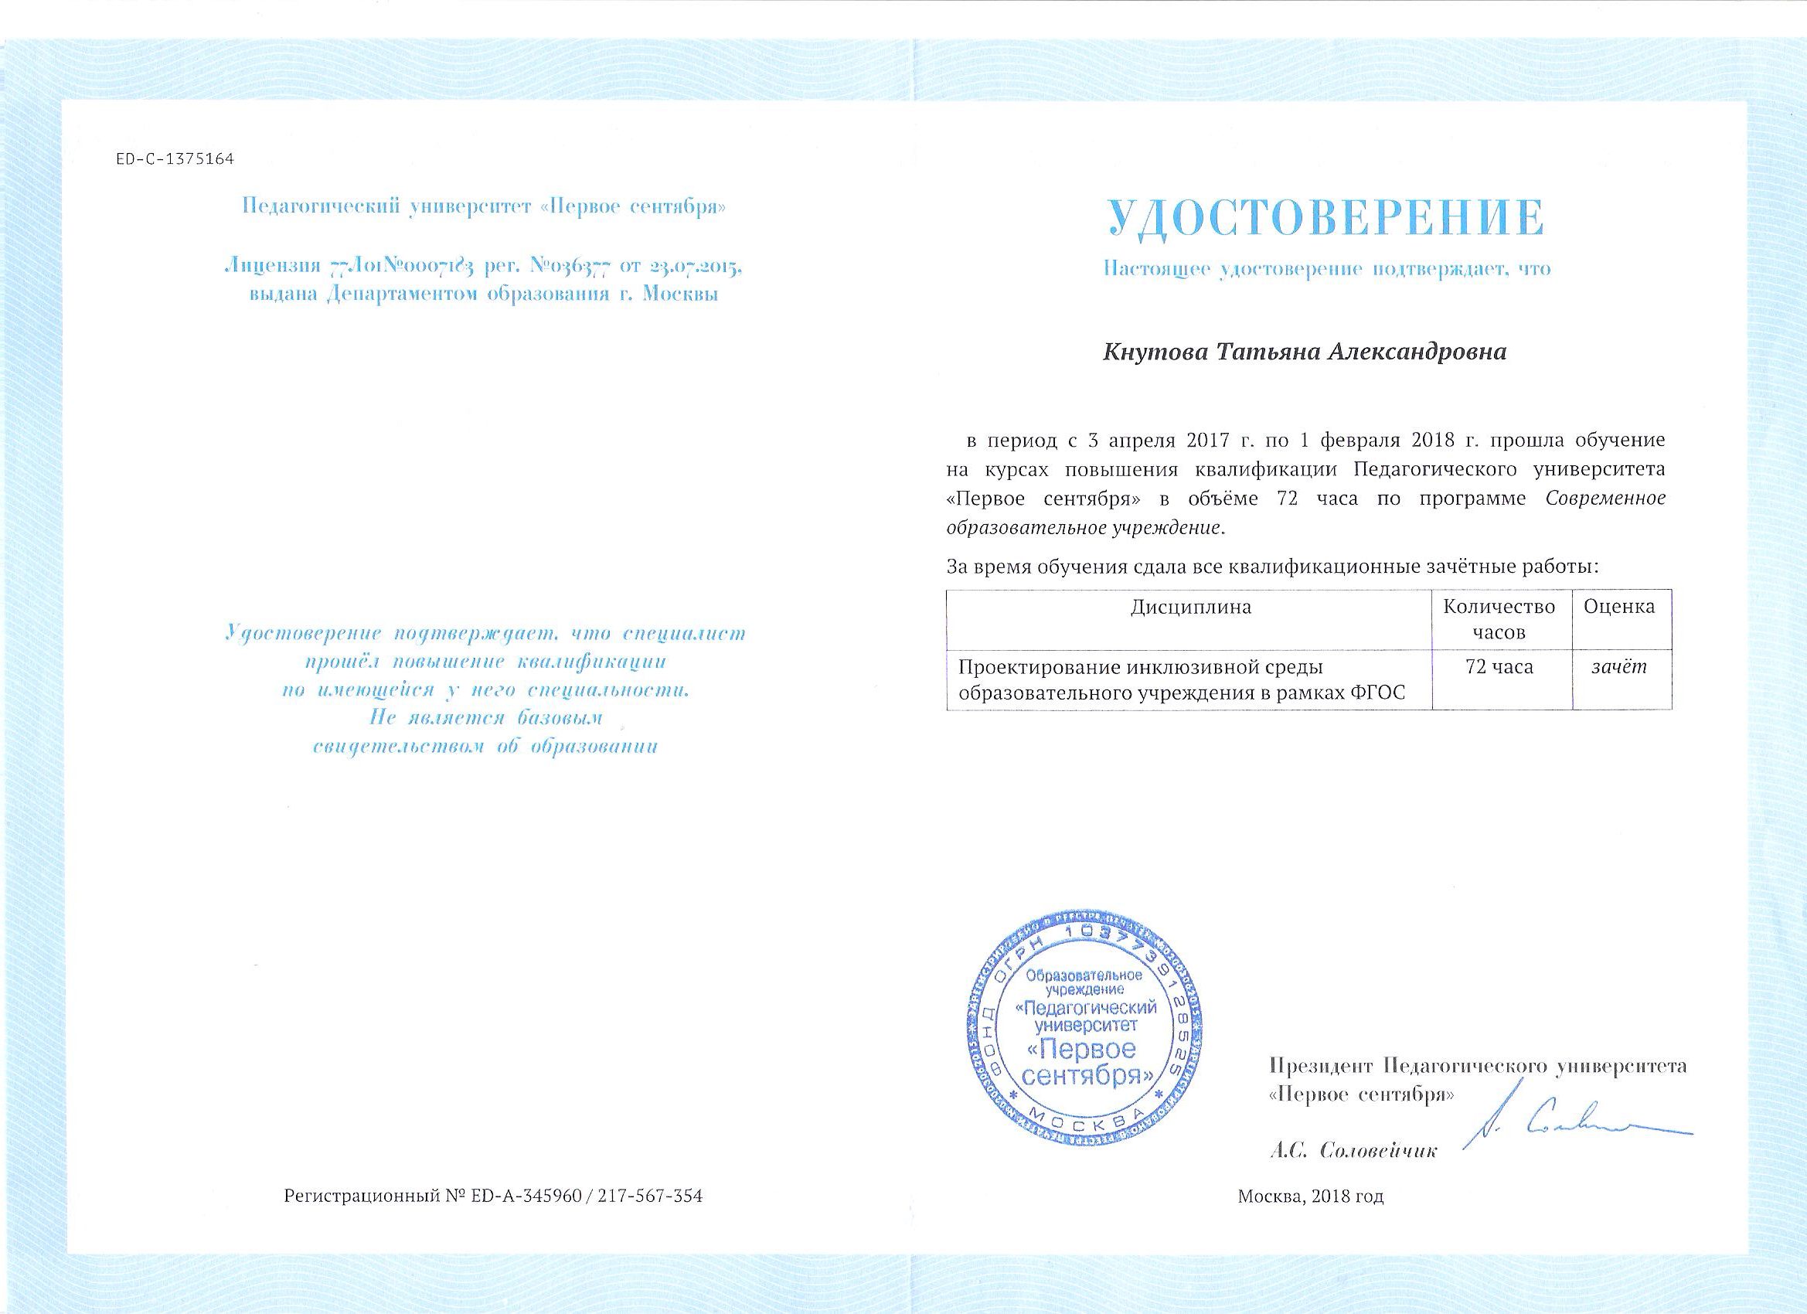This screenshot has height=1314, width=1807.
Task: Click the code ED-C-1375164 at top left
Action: click(x=175, y=159)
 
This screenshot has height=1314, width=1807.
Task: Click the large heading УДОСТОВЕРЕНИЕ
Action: click(x=1325, y=217)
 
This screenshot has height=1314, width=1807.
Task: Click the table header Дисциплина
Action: click(x=1191, y=608)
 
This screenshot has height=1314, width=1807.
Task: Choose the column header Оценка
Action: click(x=1620, y=608)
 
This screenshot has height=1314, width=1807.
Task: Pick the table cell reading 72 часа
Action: click(x=1499, y=667)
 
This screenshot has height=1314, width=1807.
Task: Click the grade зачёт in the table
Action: click(x=1619, y=668)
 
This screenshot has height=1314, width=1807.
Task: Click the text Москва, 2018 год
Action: click(x=1311, y=1218)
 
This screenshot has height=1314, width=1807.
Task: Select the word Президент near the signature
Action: click(x=1320, y=1065)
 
